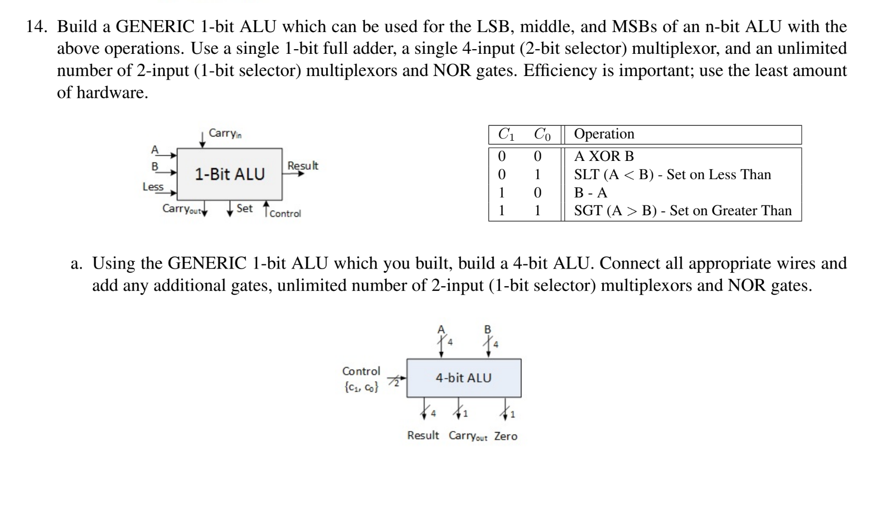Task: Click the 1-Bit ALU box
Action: point(230,174)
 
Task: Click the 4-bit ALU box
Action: point(463,378)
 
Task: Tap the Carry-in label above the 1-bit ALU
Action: point(225,134)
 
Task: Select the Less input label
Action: point(153,187)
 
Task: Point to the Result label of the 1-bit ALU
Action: point(303,166)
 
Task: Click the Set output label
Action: point(244,209)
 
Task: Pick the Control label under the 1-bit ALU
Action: point(285,214)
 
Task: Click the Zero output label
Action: point(506,436)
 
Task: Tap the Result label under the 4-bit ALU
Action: point(423,436)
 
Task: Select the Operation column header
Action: point(604,134)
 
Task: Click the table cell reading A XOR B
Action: point(604,156)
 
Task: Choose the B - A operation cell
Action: point(591,193)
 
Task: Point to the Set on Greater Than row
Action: point(683,211)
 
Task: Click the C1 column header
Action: point(506,135)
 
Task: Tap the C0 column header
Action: point(542,135)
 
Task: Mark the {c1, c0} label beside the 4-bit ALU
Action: point(361,387)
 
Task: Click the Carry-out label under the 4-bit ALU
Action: point(468,436)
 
